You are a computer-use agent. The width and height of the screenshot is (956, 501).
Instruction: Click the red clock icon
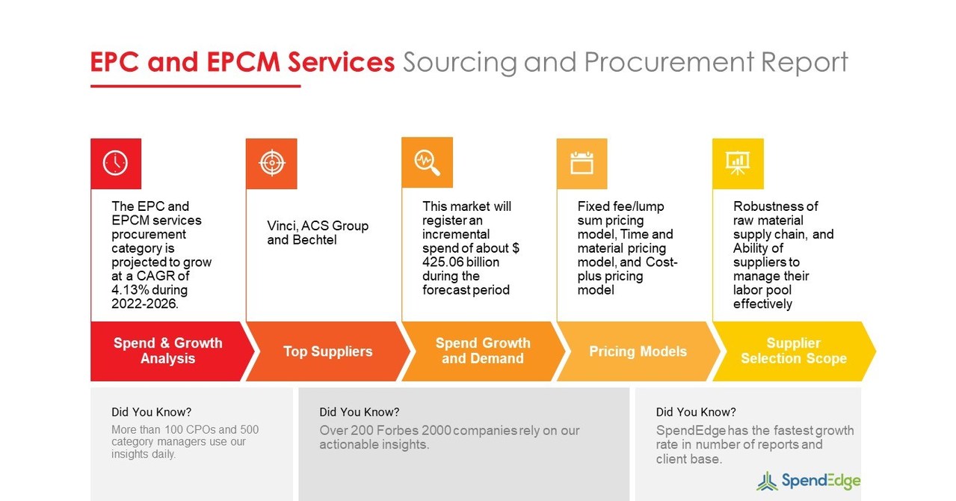[116, 163]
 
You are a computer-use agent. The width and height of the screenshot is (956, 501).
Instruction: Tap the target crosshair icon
[271, 163]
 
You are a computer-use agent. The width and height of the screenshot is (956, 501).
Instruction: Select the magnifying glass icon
[427, 162]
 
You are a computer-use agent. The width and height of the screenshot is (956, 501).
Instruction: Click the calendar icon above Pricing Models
[582, 163]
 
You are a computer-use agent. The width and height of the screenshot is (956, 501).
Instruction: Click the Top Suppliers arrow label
[327, 351]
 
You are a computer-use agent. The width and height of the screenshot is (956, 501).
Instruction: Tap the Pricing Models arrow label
[638, 351]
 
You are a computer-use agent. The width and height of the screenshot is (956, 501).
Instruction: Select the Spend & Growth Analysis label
[168, 351]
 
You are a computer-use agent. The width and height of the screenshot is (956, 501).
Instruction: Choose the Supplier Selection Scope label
[793, 351]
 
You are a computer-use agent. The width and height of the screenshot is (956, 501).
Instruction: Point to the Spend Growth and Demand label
[483, 351]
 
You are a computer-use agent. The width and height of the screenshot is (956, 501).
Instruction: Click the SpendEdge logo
[808, 481]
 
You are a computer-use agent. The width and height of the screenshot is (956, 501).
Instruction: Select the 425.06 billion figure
[460, 262]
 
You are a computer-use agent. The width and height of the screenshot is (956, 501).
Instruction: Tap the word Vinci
[282, 226]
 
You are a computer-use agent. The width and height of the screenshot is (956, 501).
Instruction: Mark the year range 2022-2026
[144, 304]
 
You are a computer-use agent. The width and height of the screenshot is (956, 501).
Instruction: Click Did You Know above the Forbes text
[359, 412]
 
